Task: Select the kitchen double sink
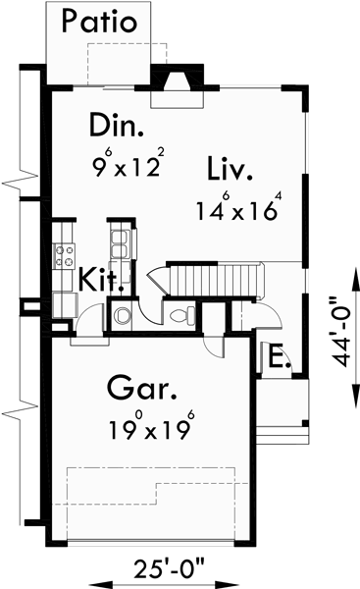point(121,244)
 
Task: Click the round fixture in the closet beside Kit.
point(123,316)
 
